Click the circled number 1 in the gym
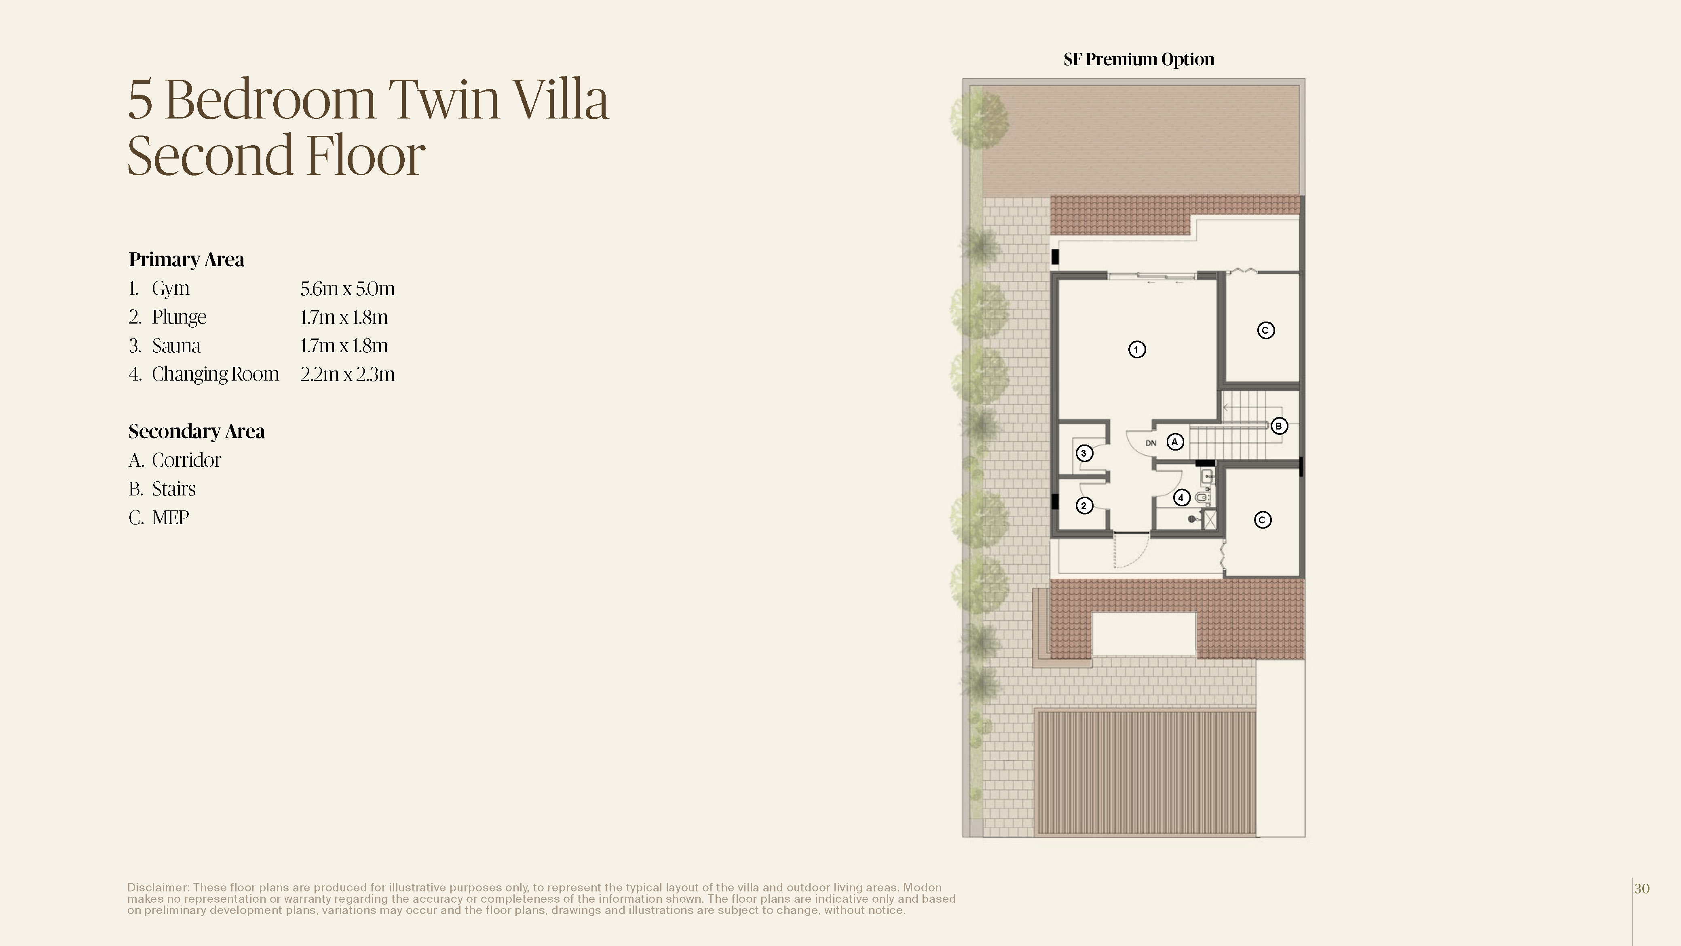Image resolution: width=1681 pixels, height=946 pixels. click(1137, 349)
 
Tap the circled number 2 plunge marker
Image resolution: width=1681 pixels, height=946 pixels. click(1084, 505)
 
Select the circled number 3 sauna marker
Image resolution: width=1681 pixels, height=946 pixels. click(1084, 453)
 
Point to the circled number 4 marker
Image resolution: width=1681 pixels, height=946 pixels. click(1181, 497)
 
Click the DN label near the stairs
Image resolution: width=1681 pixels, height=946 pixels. click(1151, 443)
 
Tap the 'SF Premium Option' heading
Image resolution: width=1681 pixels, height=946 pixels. click(1139, 59)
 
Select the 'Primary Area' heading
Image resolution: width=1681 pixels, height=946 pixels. click(187, 260)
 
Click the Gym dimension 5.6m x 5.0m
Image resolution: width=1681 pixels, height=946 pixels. click(348, 288)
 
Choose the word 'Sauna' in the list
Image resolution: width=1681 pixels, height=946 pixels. click(176, 346)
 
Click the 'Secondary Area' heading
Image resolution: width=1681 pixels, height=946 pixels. click(196, 432)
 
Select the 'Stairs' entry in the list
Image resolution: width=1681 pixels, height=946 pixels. click(173, 489)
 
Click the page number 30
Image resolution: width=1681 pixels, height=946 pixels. click(1642, 889)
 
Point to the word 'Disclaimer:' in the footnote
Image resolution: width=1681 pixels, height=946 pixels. click(158, 888)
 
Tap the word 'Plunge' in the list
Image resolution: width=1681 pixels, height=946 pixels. click(179, 318)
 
